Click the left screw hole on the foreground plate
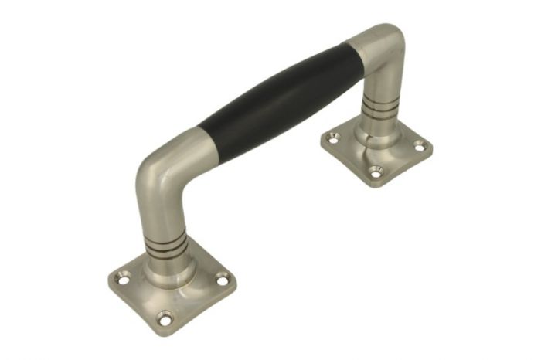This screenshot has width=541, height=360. [121, 277]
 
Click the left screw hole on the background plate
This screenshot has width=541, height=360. [333, 138]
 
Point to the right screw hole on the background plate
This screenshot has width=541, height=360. [420, 144]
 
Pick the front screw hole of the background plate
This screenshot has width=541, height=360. [376, 172]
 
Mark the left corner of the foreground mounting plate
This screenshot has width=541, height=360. [108, 282]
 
